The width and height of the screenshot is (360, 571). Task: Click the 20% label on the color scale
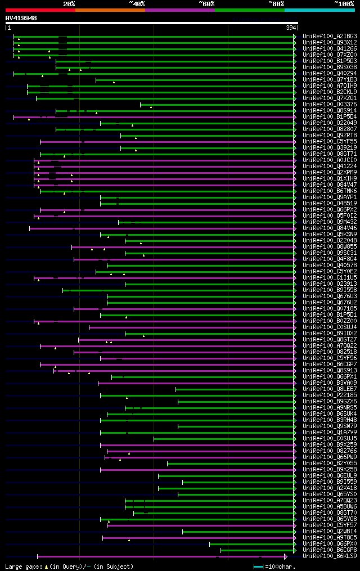69,4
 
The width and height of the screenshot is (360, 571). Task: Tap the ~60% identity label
206,4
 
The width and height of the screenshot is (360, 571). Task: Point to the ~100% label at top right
344,4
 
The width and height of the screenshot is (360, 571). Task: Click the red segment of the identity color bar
40,10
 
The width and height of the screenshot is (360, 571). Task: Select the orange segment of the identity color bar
110,10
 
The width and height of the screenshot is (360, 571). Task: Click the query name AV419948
21,18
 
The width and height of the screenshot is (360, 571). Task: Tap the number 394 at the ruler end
291,28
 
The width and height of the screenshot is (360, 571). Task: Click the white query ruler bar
151,23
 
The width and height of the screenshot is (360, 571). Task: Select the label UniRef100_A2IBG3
330,37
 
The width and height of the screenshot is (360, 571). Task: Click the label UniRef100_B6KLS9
330,556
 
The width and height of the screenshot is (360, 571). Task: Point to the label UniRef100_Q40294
330,74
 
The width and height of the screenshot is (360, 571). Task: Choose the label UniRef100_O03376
330,105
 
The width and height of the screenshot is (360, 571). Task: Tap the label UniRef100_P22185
330,395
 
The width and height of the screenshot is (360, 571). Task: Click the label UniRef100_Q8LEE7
330,389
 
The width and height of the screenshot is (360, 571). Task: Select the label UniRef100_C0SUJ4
330,327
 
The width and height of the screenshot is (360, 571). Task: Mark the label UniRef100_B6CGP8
330,550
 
